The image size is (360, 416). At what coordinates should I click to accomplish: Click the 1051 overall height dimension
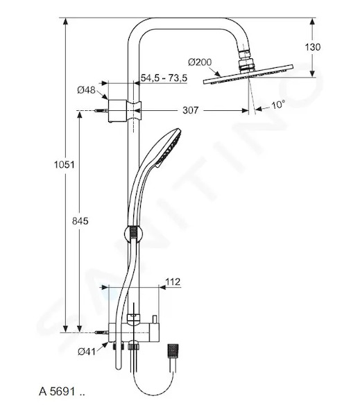[x=65, y=165]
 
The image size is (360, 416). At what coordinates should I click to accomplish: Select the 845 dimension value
[x=80, y=220]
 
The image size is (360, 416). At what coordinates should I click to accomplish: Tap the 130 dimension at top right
[x=312, y=47]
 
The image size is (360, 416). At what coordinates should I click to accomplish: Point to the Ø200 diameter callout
[x=200, y=62]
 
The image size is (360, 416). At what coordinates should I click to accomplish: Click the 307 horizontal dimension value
[x=190, y=110]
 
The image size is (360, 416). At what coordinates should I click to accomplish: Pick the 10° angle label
[x=278, y=105]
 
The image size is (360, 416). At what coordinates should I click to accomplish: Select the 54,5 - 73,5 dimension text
[x=164, y=78]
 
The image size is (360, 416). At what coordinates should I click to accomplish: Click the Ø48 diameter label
[x=86, y=90]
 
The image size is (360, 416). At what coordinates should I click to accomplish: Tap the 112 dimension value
[x=173, y=281]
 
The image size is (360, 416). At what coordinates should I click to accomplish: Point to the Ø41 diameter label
[x=87, y=352]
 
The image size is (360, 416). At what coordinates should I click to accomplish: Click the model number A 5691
[x=62, y=391]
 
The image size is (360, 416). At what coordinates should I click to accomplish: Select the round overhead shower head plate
[x=248, y=74]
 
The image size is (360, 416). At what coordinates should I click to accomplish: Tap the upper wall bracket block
[x=117, y=111]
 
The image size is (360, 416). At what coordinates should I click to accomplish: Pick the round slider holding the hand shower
[x=133, y=234]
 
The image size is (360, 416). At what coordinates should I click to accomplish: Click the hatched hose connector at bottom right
[x=173, y=352]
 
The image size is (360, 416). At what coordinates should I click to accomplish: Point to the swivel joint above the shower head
[x=247, y=60]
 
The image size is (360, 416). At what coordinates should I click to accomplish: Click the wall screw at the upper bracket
[x=101, y=111]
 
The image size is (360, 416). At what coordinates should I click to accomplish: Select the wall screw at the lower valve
[x=101, y=332]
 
